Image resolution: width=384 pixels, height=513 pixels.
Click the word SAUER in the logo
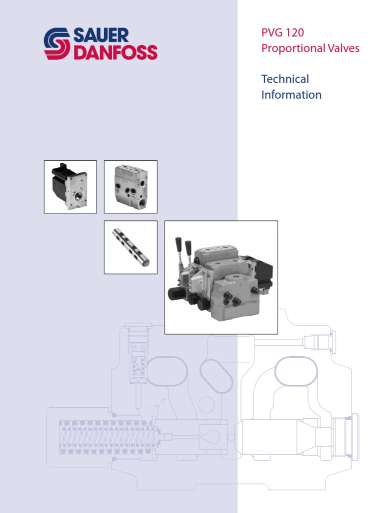(x=101, y=35)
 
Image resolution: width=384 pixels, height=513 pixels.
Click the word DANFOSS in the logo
(x=115, y=52)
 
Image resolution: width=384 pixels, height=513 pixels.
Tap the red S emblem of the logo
(x=57, y=44)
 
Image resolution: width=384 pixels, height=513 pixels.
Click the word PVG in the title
(x=271, y=33)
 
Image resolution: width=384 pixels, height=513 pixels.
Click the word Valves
(x=343, y=49)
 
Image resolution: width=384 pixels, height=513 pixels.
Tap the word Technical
(x=285, y=79)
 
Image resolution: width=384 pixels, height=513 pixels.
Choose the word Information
(x=291, y=95)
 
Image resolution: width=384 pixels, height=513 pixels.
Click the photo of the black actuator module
(x=70, y=186)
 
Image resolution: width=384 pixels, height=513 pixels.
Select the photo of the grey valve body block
(x=130, y=186)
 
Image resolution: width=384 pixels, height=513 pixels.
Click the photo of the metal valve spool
(x=130, y=247)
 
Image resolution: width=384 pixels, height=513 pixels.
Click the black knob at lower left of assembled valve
(x=175, y=294)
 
